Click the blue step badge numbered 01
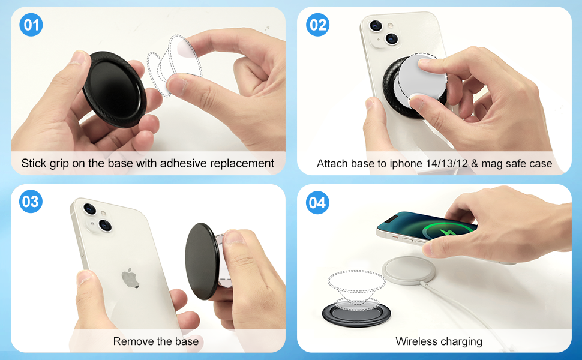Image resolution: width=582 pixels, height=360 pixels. (31, 25)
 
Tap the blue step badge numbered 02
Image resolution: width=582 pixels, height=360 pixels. (317, 25)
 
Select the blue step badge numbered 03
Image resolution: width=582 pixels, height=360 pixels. (31, 202)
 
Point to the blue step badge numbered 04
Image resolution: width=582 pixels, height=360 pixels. (317, 203)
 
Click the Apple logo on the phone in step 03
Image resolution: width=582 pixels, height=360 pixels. (130, 278)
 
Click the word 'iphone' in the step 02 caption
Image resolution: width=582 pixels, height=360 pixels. (408, 163)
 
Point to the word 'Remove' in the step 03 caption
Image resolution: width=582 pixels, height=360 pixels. (131, 341)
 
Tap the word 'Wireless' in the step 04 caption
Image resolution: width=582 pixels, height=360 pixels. (416, 341)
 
